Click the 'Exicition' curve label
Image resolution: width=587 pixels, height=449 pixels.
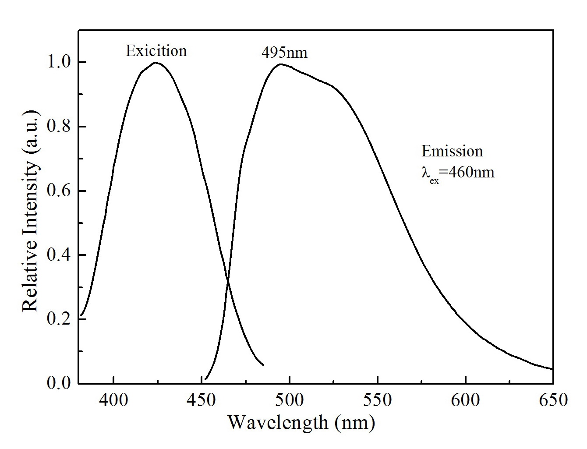pos(156,51)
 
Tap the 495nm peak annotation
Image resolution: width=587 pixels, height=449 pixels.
pos(285,53)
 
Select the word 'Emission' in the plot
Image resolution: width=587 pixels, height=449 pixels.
pos(452,152)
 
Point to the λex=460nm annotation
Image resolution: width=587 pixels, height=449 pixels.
pos(458,173)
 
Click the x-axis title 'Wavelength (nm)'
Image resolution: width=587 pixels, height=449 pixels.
pos(301,423)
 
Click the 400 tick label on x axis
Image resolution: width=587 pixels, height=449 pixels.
pos(113,400)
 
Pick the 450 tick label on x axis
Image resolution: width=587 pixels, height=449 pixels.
pos(201,400)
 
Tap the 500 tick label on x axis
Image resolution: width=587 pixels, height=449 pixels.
pos(289,400)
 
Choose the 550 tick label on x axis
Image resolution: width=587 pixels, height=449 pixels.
pos(377,400)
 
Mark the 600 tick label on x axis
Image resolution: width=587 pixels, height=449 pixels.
pos(465,400)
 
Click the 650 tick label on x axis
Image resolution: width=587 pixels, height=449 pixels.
pos(553,400)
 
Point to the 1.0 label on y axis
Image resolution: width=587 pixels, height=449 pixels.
pos(60,63)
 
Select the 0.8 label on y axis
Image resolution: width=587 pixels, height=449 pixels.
pos(60,127)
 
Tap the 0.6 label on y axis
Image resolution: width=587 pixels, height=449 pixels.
pos(60,191)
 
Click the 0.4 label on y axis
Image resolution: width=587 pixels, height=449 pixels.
pos(60,255)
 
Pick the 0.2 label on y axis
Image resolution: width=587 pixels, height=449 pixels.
pos(60,320)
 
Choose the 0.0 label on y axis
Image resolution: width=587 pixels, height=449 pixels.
pos(60,383)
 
